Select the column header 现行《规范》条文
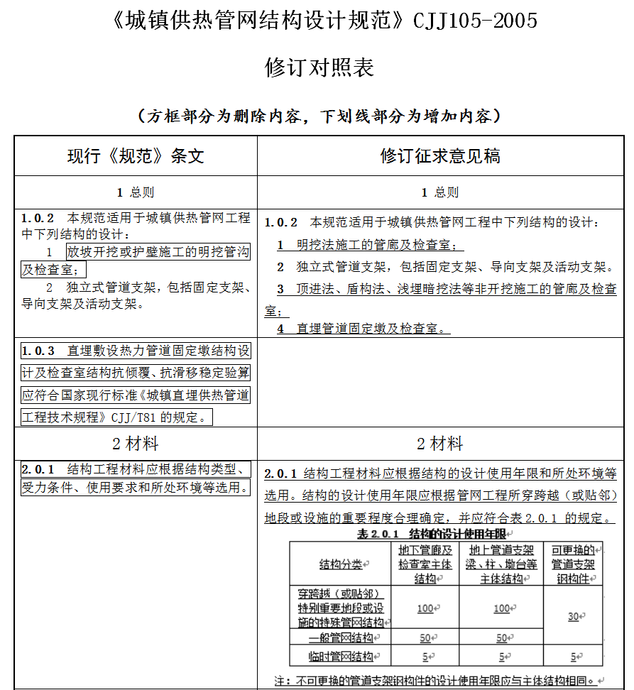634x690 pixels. point(136,155)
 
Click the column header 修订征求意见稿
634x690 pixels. point(440,155)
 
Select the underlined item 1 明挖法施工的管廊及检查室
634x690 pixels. point(370,245)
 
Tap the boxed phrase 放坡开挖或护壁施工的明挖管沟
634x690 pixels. point(158,252)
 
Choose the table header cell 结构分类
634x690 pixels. point(340,564)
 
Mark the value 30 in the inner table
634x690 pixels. point(572,616)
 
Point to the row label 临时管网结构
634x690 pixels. point(341,657)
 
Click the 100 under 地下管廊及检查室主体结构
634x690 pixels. point(425,608)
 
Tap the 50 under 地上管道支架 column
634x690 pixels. point(501,638)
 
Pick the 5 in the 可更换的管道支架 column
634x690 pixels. point(572,657)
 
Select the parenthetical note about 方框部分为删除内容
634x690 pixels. point(319,116)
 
